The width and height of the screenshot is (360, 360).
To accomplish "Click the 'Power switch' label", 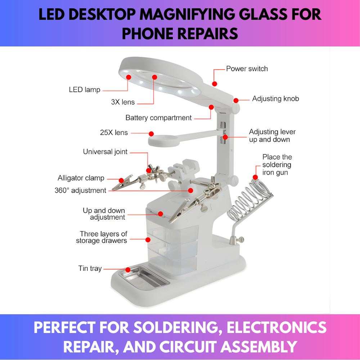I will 247,68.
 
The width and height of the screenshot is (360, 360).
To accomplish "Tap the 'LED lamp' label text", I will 85,90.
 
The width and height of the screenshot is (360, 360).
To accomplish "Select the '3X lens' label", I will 123,102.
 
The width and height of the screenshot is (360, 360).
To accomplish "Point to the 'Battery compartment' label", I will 158,118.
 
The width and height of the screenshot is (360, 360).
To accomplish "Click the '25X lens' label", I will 114,133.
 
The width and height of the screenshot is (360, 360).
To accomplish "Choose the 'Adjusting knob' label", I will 275,99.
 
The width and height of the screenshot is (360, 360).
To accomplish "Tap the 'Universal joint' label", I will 105,152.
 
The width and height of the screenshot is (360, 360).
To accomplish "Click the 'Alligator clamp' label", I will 81,178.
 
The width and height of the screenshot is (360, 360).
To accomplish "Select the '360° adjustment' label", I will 80,190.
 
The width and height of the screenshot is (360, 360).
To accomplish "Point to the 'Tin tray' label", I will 90,269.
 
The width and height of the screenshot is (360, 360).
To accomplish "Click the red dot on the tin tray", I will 127,269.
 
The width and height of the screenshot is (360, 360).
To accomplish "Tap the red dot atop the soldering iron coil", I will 255,177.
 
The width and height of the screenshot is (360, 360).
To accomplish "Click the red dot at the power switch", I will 215,84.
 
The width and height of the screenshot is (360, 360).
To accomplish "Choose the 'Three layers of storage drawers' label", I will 102,237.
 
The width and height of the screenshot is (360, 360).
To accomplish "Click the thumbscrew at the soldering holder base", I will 239,239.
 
